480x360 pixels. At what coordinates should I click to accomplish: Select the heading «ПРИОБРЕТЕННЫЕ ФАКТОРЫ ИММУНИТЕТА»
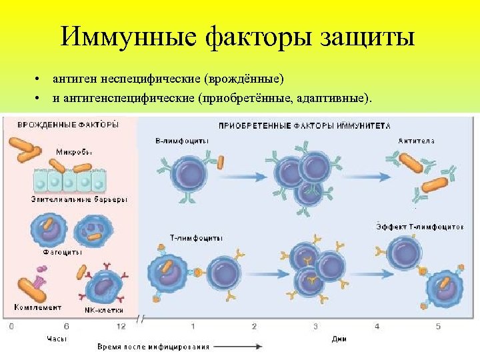click(x=305, y=125)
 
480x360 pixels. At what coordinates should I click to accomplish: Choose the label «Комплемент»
click(x=39, y=307)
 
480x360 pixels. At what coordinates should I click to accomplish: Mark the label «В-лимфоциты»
click(x=181, y=141)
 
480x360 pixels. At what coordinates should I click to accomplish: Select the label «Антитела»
click(x=417, y=141)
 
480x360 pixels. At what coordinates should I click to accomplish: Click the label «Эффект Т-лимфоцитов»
click(x=418, y=227)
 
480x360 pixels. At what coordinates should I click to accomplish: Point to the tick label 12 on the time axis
click(x=121, y=326)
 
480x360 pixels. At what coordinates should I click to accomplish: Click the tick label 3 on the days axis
click(x=315, y=326)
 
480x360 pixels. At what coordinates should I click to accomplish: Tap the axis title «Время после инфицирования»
click(x=153, y=347)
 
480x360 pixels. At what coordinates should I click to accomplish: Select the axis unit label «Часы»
click(x=56, y=339)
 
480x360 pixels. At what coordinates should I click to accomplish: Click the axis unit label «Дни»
click(x=339, y=339)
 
